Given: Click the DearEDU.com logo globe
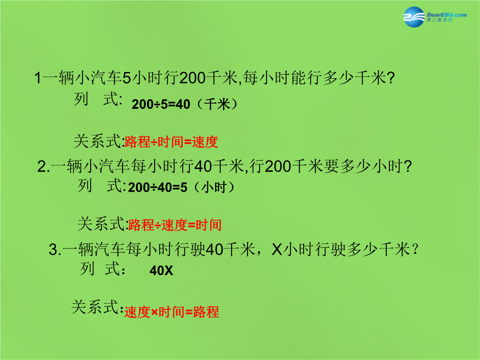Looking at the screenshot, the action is point(414,17).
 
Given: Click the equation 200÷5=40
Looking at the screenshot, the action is point(161,104).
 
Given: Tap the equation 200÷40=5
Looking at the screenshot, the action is point(158,188).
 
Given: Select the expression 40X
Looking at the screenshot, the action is point(161,270).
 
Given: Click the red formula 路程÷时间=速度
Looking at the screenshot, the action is point(172,142).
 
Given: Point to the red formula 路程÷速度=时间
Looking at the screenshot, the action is point(175,225).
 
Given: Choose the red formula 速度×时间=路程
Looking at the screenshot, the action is point(172,312).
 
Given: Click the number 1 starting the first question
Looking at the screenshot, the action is point(38,78).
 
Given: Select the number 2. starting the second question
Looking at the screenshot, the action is point(44,167).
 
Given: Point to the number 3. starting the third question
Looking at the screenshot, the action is point(56,249).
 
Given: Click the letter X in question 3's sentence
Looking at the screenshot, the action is point(277,249).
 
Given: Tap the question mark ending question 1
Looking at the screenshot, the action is point(391,78).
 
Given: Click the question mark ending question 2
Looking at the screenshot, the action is point(408,167).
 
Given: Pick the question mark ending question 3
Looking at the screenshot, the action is point(416,249).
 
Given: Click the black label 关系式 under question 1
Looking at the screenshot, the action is point(98,141).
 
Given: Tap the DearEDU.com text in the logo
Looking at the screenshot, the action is point(447,15).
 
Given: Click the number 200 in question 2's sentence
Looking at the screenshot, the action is point(278,167).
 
